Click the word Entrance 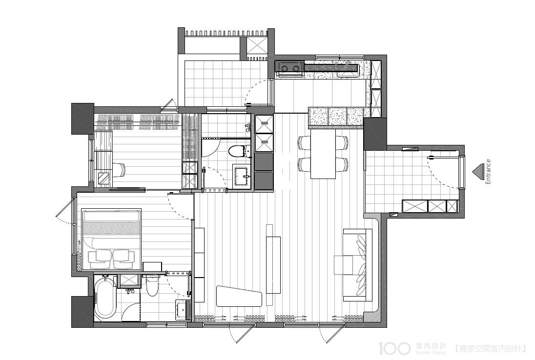click(x=488, y=172)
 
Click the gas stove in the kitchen click(x=289, y=67)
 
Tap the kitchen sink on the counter click(x=348, y=70)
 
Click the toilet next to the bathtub click(x=152, y=286)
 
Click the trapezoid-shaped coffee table click(x=239, y=296)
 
